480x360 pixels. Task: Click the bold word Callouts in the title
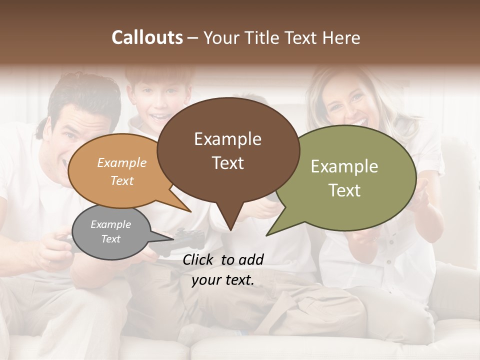(147, 38)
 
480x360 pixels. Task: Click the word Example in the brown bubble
(227, 139)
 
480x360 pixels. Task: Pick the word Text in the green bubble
(344, 190)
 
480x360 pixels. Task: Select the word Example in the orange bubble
(121, 163)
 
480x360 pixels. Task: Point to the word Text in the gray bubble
(110, 239)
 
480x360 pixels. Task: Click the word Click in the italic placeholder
(199, 259)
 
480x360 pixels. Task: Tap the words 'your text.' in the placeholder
(223, 280)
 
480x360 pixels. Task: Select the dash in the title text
(193, 38)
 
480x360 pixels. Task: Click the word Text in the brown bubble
(227, 163)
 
